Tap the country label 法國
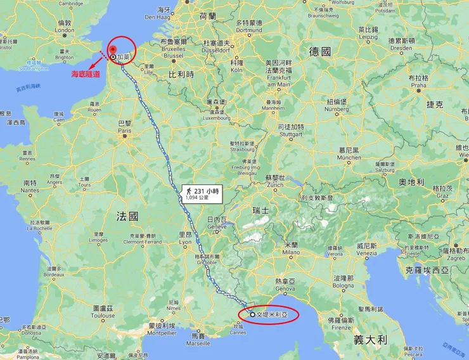click(x=127, y=216)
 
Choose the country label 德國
click(x=320, y=52)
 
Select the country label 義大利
click(x=369, y=339)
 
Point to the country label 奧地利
click(x=411, y=182)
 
